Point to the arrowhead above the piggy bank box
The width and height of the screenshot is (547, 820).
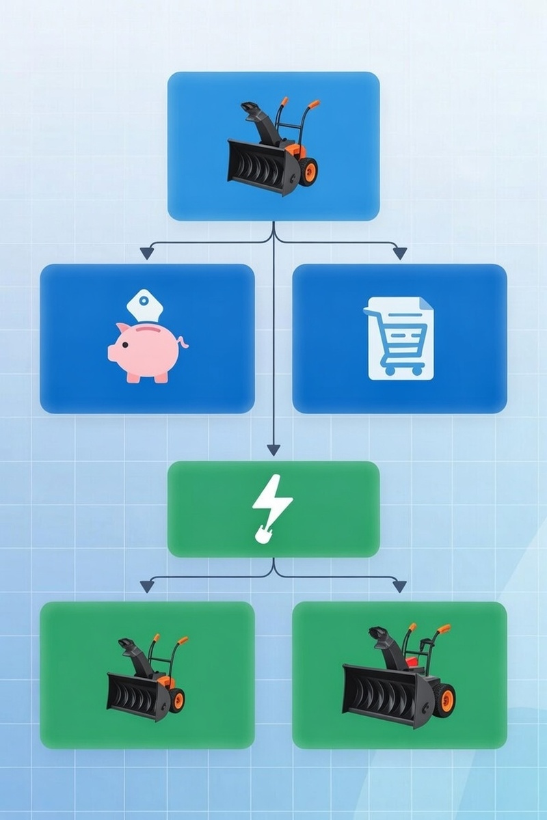[x=146, y=254]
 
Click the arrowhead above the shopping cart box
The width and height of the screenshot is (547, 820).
[x=400, y=254]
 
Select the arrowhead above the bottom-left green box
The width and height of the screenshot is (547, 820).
[x=146, y=586]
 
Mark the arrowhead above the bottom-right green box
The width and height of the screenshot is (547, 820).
[x=400, y=586]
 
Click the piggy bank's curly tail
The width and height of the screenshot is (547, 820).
[x=183, y=342]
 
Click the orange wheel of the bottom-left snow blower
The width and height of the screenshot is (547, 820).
[x=177, y=698]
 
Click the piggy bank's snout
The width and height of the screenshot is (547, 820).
[x=112, y=353]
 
